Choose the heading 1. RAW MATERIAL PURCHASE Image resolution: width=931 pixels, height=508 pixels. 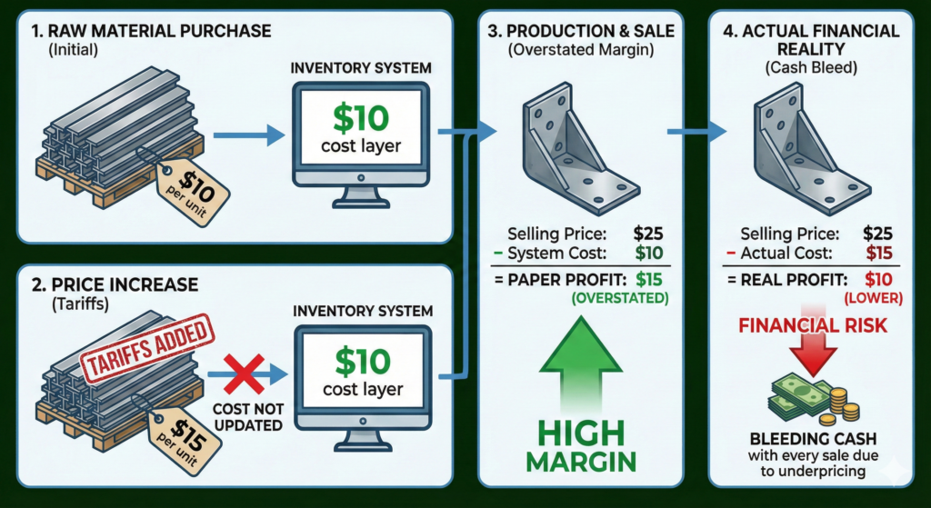pyautogui.click(x=150, y=31)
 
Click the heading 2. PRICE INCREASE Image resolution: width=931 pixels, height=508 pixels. pyautogui.click(x=115, y=284)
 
